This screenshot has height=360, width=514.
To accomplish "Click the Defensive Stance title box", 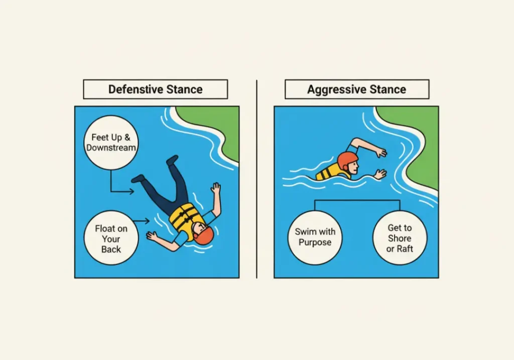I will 155,89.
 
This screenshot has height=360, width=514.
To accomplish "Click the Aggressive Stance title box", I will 356,89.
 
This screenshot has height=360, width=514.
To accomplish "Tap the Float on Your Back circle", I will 111,238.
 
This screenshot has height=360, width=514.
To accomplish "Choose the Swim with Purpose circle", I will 315,237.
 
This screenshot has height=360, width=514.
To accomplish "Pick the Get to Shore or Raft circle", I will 399,238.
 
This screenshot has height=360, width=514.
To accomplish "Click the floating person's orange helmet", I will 203,235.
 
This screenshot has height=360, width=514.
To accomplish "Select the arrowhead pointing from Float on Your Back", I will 148,220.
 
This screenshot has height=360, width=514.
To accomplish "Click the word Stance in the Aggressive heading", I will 386,90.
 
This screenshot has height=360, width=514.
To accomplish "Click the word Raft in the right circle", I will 405,249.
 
